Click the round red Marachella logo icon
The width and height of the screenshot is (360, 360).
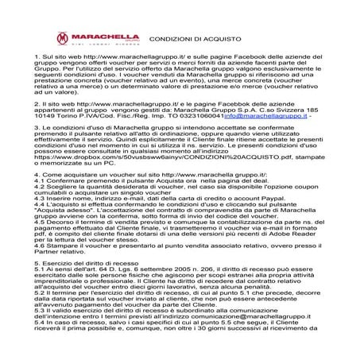[x=60, y=37]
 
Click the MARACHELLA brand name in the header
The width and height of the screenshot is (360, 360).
[x=99, y=36]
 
